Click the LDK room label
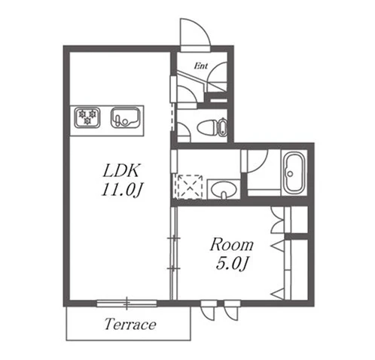click(120, 171)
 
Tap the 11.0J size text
click(122, 190)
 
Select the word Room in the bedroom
click(232, 244)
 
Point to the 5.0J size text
click(232, 264)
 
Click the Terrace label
click(130, 324)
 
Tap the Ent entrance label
click(201, 66)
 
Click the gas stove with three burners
click(87, 117)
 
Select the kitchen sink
click(125, 117)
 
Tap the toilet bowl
click(208, 127)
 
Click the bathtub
click(294, 173)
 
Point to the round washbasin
click(224, 190)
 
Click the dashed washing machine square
click(190, 187)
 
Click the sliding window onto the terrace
click(127, 303)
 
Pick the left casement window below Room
click(209, 310)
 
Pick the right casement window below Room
click(232, 310)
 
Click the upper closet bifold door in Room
click(278, 220)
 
